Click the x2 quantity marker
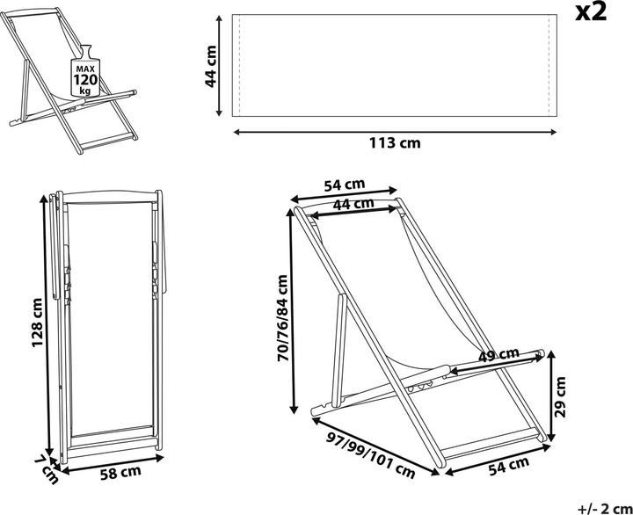pos(591,13)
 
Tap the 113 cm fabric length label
pos(395,143)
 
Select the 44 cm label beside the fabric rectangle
pos(211,67)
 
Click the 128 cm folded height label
pos(37,323)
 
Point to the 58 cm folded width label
pos(120,473)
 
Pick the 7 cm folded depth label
pos(48,469)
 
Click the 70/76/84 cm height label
pos(283,318)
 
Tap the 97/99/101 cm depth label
pos(371,455)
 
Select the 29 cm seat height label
pos(560,396)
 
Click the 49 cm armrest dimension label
pos(498,355)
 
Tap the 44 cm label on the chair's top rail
pos(353,204)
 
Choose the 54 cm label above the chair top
pos(345,185)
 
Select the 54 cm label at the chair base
pos(509,466)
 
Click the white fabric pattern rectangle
pos(395,65)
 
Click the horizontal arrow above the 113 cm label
pos(395,132)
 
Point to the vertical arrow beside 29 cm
pos(552,396)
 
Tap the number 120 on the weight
pos(85,79)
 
